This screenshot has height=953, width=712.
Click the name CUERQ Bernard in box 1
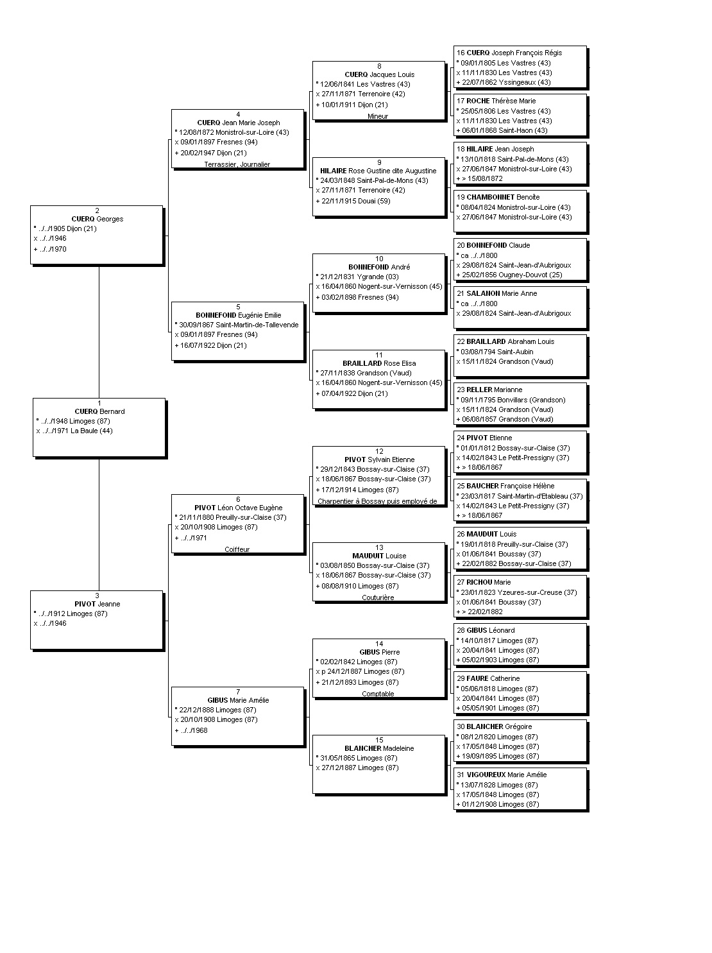(x=99, y=411)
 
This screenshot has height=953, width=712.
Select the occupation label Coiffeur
(x=237, y=549)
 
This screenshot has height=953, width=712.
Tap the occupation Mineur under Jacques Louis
(x=377, y=116)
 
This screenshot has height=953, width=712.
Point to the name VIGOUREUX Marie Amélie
(x=506, y=774)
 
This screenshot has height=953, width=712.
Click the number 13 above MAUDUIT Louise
(x=379, y=547)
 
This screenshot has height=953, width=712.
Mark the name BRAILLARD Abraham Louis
(x=510, y=341)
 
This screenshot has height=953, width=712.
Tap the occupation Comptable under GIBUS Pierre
(x=378, y=693)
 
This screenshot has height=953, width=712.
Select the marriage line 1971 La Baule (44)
(x=74, y=431)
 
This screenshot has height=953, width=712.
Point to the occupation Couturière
(x=378, y=597)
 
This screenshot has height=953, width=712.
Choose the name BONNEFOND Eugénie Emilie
(x=238, y=314)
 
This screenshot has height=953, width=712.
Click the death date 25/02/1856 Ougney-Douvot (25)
(x=509, y=275)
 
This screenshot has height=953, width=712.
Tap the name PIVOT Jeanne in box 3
(x=97, y=603)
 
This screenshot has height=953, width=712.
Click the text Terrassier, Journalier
(x=237, y=164)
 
